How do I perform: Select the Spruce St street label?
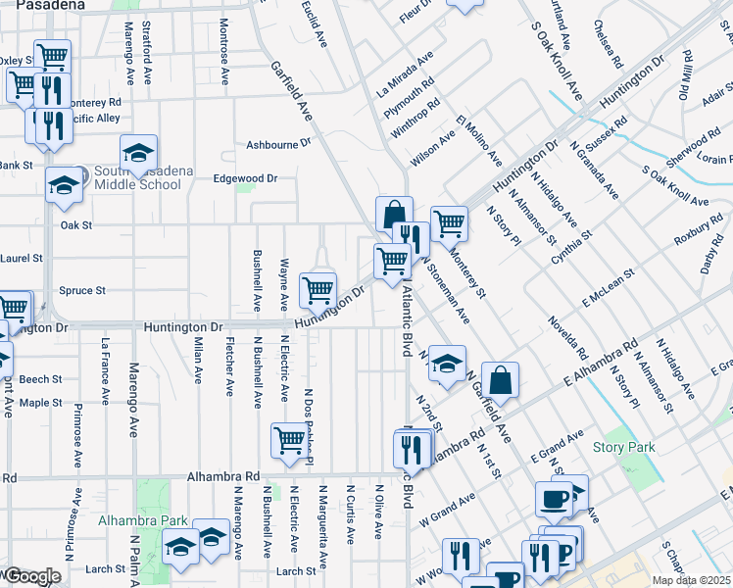[81, 291]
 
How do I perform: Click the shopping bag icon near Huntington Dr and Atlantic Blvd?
[394, 213]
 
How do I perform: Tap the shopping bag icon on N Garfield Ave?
[500, 379]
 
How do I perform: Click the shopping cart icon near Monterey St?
[449, 221]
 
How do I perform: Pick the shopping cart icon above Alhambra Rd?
[289, 439]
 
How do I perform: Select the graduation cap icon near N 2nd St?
[446, 363]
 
